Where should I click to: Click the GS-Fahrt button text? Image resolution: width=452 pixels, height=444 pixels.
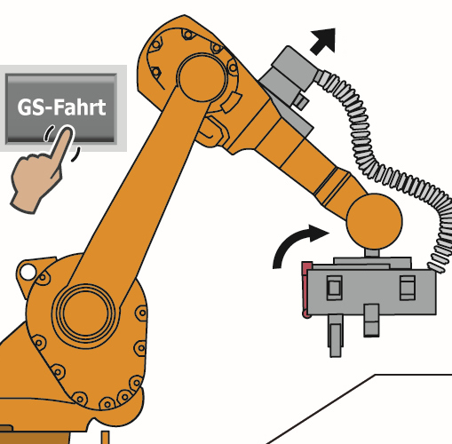(61, 107)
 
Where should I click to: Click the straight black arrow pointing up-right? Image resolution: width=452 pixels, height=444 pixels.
(323, 42)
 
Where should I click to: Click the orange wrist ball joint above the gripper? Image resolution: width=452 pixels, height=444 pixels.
(374, 221)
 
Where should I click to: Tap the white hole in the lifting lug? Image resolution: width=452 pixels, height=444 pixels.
(28, 272)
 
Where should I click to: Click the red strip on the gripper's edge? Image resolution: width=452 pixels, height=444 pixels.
(305, 289)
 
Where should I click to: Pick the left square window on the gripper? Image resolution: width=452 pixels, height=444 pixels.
(334, 288)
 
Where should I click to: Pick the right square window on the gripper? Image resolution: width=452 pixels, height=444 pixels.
(408, 288)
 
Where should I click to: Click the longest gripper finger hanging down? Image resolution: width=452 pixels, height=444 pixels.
(336, 336)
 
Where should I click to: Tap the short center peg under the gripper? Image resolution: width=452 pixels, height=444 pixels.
(371, 321)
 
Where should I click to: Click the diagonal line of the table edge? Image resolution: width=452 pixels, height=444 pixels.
(321, 409)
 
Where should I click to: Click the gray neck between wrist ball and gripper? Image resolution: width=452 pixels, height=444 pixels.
(371, 253)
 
